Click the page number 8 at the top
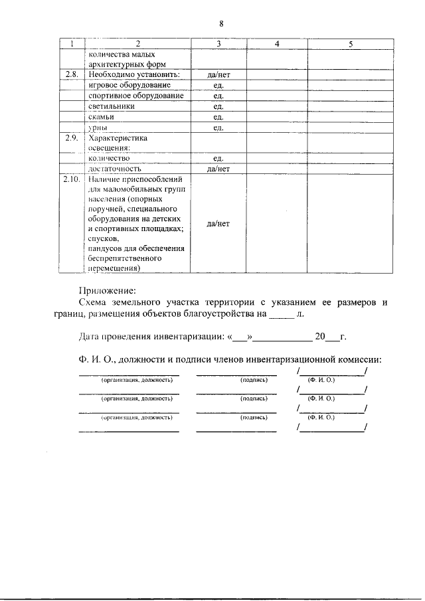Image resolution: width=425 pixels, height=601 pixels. pos(220,24)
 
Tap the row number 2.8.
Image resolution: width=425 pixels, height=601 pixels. pos(71,75)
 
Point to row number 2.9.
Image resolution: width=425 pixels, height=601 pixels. pos(71,138)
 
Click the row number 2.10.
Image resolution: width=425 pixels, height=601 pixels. pos(71,179)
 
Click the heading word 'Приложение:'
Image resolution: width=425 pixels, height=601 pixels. pos(107,290)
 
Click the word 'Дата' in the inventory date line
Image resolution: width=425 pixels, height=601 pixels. pos(90,337)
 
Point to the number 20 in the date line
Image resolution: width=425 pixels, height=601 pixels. pos(320,337)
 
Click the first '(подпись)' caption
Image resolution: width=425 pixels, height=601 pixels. pos(253,380)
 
